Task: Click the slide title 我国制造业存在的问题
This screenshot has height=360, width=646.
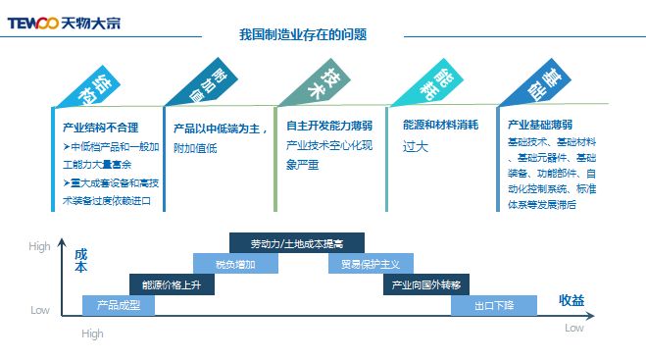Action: point(303,34)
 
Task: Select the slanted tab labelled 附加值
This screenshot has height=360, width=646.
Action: point(201,86)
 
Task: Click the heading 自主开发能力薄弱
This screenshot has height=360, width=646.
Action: point(329,127)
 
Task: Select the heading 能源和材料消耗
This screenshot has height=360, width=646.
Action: point(440,127)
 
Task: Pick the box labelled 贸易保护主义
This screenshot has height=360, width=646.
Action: point(371,264)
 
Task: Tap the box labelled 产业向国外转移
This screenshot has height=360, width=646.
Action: point(425,284)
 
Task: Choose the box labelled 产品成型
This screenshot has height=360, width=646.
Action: point(119,305)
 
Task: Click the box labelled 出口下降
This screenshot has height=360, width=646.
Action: point(494,305)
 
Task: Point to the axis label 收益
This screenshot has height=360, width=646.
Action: point(571,300)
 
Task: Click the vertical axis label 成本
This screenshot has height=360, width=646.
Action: point(80,260)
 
